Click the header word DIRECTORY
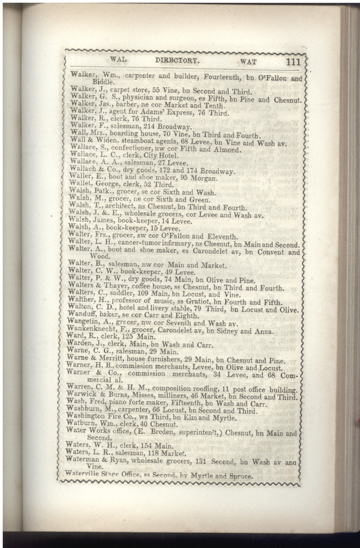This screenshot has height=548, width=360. click(x=177, y=60)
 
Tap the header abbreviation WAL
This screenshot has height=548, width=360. click(x=119, y=58)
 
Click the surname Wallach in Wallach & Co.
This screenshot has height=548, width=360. click(x=83, y=170)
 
